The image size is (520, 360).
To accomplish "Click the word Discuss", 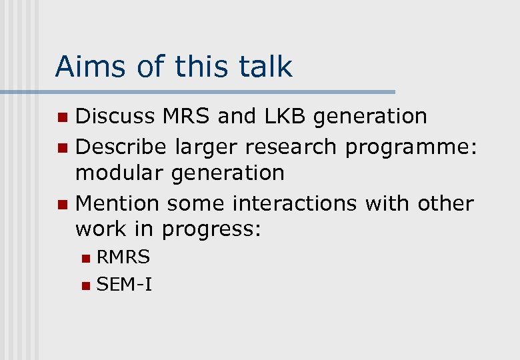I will [x=117, y=116].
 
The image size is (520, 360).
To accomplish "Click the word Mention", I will [x=117, y=202].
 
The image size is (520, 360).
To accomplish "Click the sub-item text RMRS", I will [x=123, y=257].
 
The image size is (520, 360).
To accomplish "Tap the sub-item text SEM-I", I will [x=125, y=285].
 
